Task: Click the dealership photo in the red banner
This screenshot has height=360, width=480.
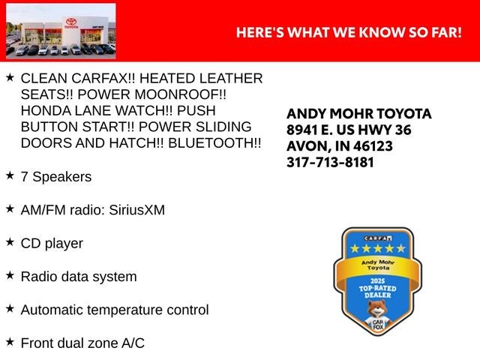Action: (61, 31)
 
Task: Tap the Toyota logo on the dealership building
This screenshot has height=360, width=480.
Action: (71, 22)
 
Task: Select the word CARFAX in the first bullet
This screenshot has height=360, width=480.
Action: (100, 78)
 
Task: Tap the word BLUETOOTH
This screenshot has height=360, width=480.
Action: (211, 143)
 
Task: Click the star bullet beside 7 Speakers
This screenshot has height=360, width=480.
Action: (10, 175)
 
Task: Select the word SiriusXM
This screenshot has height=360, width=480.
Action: (136, 210)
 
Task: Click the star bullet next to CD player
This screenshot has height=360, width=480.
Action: (10, 241)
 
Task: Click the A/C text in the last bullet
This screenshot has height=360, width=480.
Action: (133, 343)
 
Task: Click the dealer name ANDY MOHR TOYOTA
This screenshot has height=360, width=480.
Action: (359, 114)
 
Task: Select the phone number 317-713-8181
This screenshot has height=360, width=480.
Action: (330, 162)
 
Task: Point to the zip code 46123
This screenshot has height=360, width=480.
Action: (373, 146)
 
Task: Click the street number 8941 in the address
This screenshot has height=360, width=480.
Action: (302, 130)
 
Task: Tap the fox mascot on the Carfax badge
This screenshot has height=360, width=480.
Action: (378, 315)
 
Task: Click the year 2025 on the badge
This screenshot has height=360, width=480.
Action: (378, 280)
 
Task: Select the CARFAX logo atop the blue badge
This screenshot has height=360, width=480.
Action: (378, 238)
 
